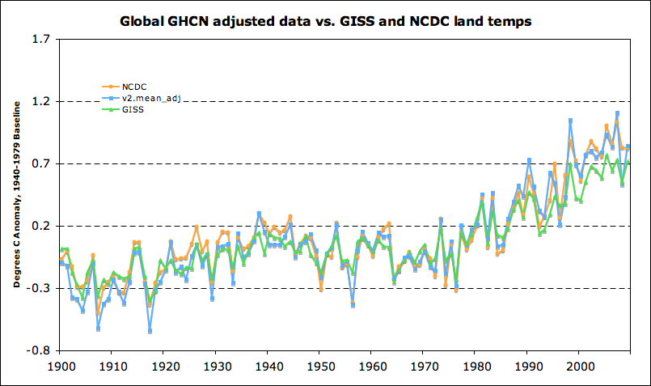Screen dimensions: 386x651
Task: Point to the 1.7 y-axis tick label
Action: click(x=39, y=39)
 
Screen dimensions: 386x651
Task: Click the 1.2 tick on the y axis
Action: click(x=39, y=101)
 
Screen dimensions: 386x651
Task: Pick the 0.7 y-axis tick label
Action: click(x=39, y=163)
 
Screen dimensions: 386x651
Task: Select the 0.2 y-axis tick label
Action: click(x=39, y=226)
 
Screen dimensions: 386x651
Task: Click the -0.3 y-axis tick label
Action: click(x=37, y=288)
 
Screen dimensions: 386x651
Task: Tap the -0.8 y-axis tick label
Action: click(x=37, y=350)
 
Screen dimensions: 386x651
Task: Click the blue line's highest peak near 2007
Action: click(x=617, y=113)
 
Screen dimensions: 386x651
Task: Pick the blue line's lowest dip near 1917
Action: click(x=150, y=332)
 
